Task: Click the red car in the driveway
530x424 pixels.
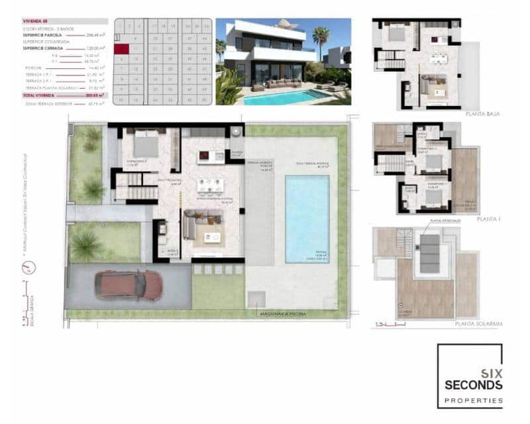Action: click(x=129, y=285)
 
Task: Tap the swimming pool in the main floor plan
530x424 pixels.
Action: click(x=307, y=218)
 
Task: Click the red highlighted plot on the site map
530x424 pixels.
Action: click(x=121, y=48)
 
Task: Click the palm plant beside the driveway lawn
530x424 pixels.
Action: click(x=86, y=246)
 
